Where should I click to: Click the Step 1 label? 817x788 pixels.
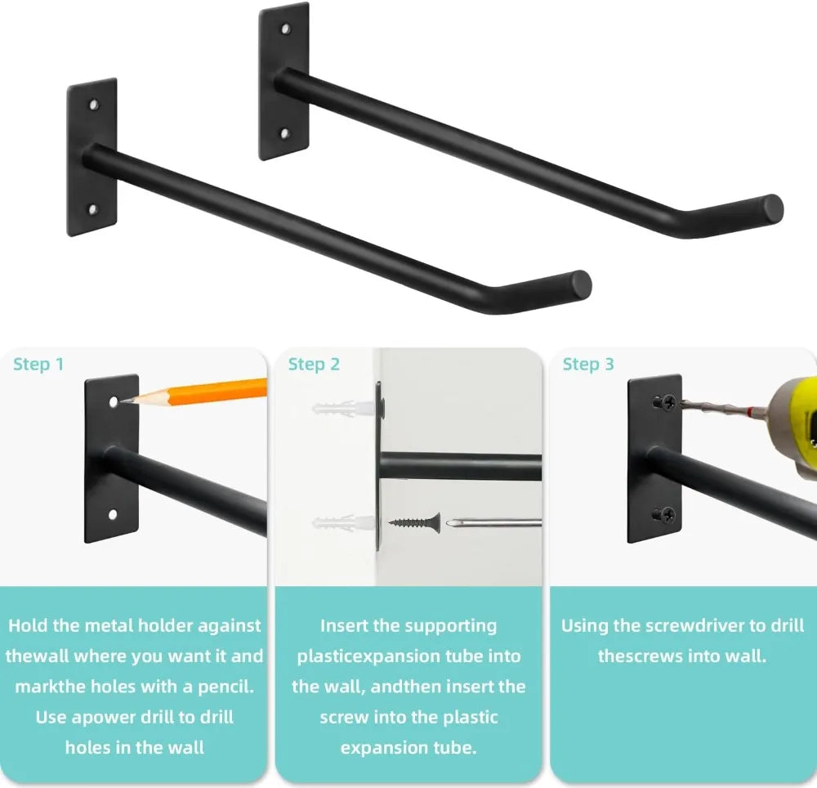38,364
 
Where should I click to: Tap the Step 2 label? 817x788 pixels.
314,364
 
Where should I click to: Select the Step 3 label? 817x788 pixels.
588,364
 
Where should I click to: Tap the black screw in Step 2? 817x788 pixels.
415,522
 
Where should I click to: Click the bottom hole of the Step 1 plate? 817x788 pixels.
113,515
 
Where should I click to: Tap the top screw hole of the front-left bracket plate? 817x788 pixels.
94,105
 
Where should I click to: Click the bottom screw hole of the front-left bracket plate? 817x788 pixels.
93,209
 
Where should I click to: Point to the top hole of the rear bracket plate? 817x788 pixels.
285,29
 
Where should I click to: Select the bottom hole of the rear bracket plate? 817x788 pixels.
284,134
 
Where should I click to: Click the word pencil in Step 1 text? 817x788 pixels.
225,687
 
